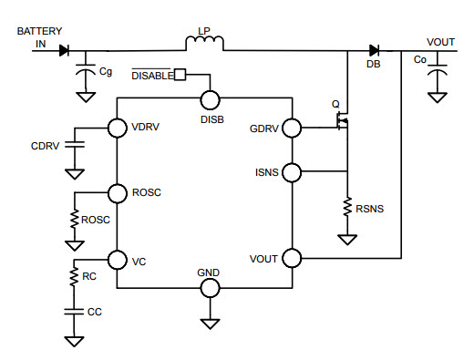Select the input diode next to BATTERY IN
pyautogui.click(x=64, y=50)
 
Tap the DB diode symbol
pyautogui.click(x=375, y=50)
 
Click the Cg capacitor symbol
pyautogui.click(x=87, y=70)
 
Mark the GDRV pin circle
pyautogui.click(x=293, y=128)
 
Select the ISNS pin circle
pyautogui.click(x=293, y=171)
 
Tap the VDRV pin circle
pyautogui.click(x=118, y=128)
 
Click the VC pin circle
pyautogui.click(x=118, y=260)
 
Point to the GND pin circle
pyautogui.click(x=210, y=287)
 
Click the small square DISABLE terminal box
pyautogui.click(x=180, y=75)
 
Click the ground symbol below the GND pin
pyautogui.click(x=210, y=324)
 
